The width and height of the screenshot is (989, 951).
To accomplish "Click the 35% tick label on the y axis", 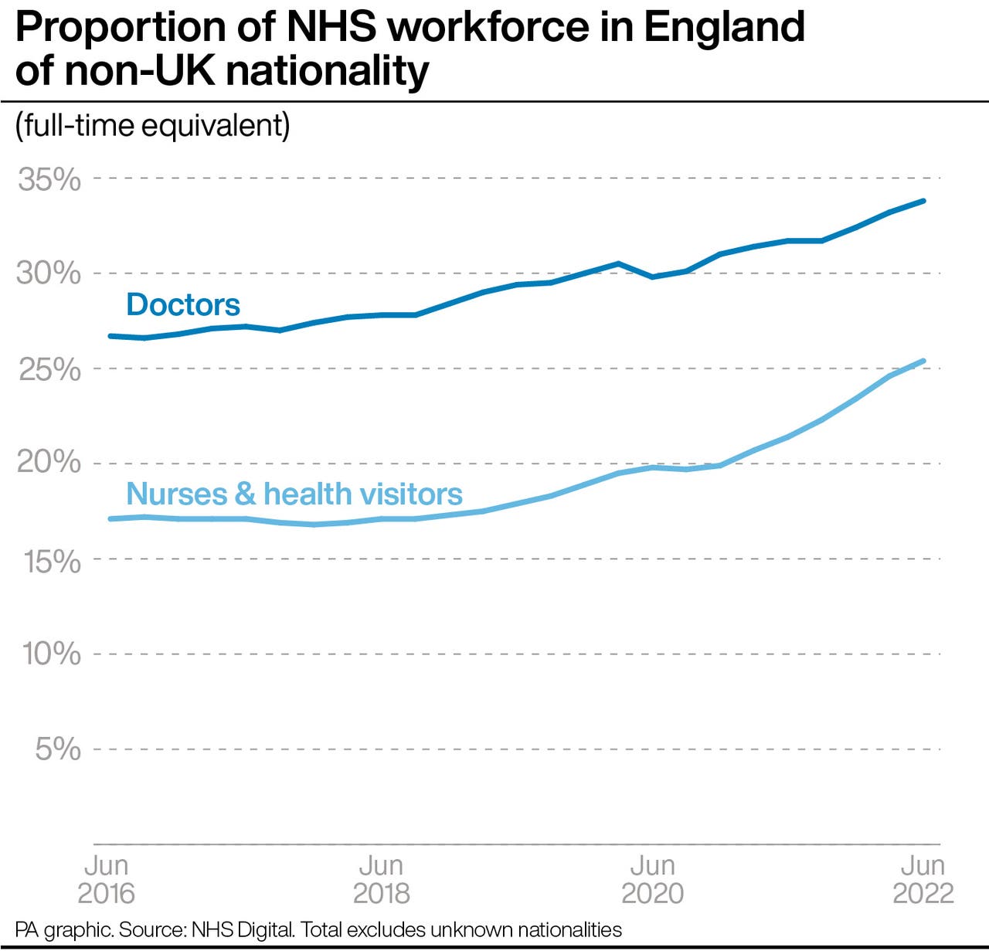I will [49, 179].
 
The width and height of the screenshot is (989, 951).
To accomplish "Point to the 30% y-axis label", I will [48, 273].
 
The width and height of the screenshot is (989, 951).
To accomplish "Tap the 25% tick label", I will [49, 369].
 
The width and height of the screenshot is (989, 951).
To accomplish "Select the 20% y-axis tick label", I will [48, 462].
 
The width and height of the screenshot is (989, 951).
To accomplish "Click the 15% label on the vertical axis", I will [51, 561].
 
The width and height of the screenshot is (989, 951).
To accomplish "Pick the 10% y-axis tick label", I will [51, 654].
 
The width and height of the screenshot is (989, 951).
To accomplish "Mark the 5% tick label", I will [57, 749].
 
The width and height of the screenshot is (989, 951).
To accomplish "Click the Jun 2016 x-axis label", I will [106, 879].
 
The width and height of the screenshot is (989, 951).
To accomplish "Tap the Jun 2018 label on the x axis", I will [381, 879].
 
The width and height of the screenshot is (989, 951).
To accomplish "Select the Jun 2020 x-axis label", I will [652, 879].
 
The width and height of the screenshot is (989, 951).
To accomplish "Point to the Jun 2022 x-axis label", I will [923, 879].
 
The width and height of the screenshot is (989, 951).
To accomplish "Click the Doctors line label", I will [183, 304].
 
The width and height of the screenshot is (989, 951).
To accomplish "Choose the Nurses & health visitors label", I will [294, 494].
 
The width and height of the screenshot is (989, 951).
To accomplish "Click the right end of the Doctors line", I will [923, 202].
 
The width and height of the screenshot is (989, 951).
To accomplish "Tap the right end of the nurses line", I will [923, 361].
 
